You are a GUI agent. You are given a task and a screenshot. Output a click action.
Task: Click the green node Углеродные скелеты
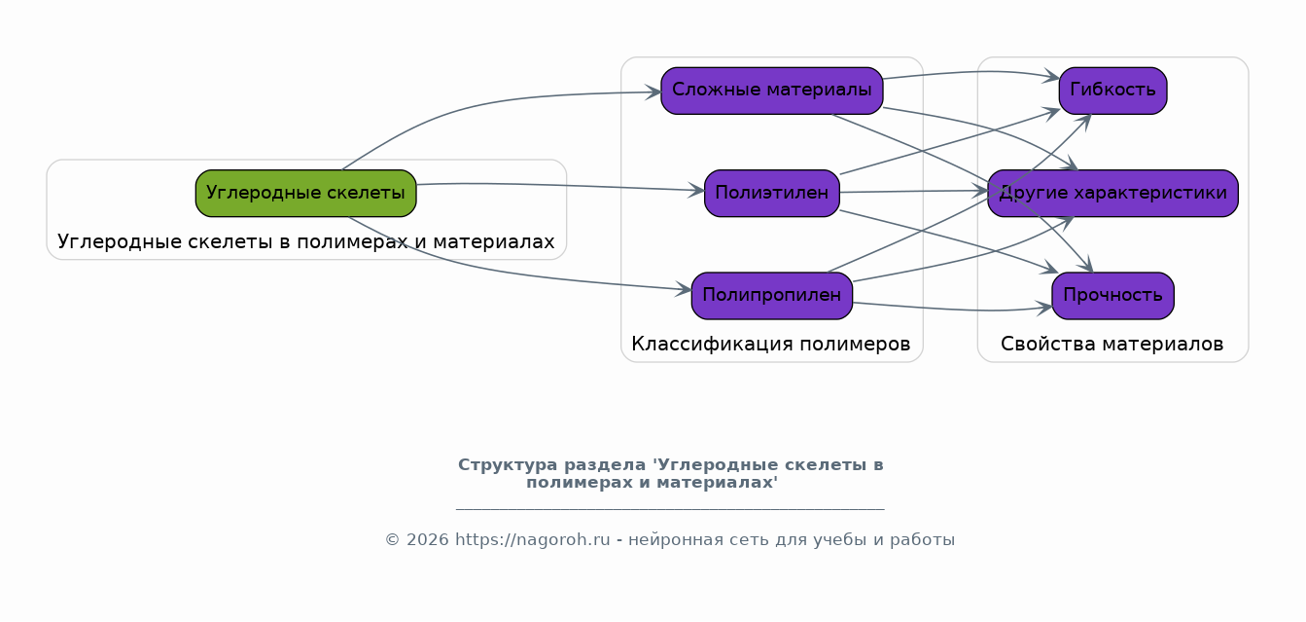305,193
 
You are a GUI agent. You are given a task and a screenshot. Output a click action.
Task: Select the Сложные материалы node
771,91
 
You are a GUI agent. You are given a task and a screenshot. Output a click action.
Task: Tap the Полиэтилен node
771,193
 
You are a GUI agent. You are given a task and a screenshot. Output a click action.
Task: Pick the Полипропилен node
771,296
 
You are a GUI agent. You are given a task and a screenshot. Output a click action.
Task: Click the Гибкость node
1112,91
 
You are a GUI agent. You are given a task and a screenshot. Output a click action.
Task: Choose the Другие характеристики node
1112,193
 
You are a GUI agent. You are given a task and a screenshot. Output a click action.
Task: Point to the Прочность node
1112,296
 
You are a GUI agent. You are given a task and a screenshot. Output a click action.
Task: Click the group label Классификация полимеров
771,345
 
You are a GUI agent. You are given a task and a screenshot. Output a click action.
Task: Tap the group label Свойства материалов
1112,345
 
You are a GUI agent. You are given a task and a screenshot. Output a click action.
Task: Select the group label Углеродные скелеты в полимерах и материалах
305,241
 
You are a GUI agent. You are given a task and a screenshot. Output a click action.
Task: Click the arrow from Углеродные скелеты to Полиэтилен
560,186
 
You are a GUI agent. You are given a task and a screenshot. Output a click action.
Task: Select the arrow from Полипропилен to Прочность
953,309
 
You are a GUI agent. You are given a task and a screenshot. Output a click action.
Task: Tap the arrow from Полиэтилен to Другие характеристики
914,192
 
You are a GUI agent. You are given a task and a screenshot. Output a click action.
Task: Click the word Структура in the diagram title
508,465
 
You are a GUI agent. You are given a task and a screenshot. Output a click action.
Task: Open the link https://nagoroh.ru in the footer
532,539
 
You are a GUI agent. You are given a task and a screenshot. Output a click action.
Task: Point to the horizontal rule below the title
670,510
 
